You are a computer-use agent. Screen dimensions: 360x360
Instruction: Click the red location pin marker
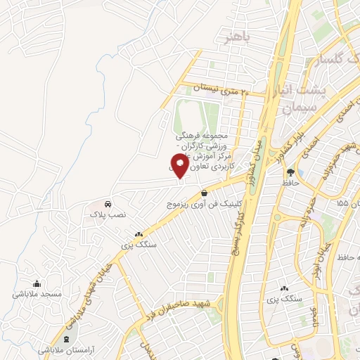click(x=181, y=165)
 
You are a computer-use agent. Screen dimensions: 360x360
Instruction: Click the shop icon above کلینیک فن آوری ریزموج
click(x=204, y=193)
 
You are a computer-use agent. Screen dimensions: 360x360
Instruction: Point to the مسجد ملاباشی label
click(x=38, y=293)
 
